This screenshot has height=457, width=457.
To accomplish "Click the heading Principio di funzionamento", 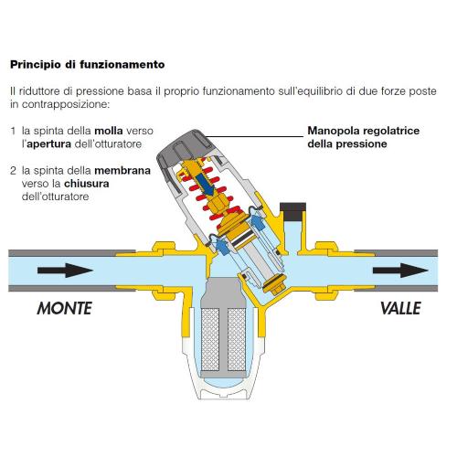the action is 88,65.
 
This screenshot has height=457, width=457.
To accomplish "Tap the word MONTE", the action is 64,308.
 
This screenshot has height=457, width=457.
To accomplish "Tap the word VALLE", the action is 400,308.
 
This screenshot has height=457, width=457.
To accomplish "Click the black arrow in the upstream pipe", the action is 65,271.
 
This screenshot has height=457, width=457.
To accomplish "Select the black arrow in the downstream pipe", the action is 400,271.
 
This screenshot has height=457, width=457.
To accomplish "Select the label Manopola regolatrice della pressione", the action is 364,137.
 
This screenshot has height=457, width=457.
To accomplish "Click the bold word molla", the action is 109,131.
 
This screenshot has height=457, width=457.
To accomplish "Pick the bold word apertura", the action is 48,144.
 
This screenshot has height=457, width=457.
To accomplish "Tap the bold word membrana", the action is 122,170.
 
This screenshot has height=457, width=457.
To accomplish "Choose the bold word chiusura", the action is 87,184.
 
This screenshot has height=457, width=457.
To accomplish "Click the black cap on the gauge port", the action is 292,211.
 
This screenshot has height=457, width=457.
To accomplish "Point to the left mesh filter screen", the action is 210,339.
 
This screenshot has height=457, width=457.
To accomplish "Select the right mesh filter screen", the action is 237,339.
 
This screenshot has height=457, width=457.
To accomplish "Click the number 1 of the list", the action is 13,131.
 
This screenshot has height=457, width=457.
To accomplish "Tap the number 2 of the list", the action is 13,171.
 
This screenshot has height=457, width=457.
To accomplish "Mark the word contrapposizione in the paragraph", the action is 65,104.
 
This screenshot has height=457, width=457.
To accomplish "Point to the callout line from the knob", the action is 255,136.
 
